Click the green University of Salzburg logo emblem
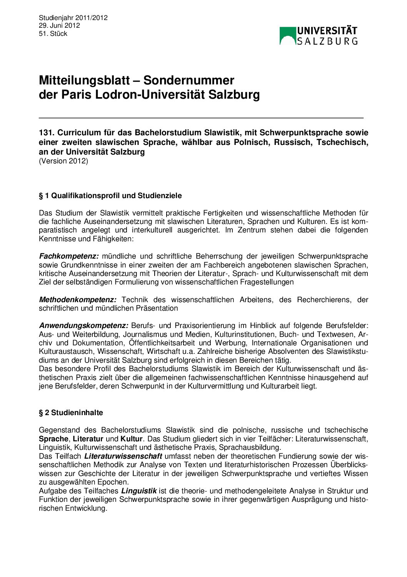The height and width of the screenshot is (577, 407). (288, 36)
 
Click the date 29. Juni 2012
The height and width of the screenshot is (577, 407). (59, 25)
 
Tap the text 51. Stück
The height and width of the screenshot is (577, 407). (53, 34)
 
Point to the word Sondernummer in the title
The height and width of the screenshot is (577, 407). (188, 80)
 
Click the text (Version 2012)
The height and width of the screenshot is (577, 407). (63, 161)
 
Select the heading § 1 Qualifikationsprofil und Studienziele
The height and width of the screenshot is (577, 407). (110, 196)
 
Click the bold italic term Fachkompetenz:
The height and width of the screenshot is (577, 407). (69, 256)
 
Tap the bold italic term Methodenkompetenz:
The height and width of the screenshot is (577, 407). (78, 300)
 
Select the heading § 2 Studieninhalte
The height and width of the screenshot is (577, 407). (71, 413)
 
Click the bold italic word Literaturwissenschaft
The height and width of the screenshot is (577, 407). (123, 456)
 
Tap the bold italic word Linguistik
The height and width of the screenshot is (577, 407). (139, 491)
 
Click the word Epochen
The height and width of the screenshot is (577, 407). (115, 482)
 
